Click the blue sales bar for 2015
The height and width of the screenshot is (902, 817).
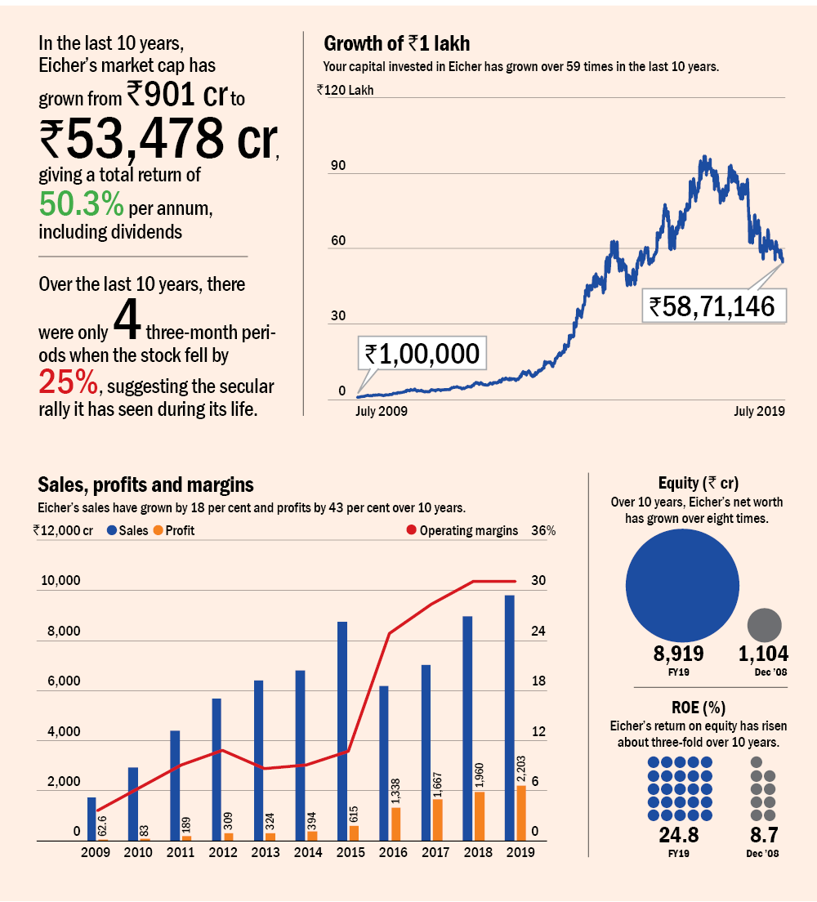(x=342, y=731)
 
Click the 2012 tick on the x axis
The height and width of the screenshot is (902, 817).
(x=223, y=852)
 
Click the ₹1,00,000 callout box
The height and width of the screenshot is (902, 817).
(x=421, y=354)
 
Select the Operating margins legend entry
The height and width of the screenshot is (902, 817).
(x=462, y=530)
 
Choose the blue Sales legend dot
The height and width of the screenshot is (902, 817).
(x=111, y=530)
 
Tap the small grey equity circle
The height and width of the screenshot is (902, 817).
(x=765, y=624)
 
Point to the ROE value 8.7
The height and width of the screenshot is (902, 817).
(x=763, y=836)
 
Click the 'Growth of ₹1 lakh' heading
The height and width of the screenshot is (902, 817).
(x=396, y=43)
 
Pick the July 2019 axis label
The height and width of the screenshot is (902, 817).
(x=759, y=411)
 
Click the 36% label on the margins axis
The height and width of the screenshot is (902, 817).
(x=543, y=530)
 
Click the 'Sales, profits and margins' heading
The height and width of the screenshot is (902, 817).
(x=145, y=484)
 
